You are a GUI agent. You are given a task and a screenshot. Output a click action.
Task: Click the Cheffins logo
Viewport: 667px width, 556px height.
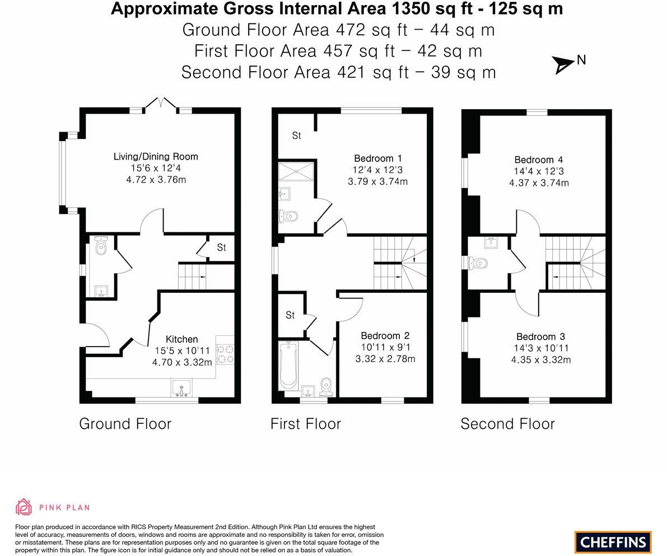pos(613,542)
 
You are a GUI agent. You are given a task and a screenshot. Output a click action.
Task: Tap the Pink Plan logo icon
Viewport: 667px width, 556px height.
pos(24,507)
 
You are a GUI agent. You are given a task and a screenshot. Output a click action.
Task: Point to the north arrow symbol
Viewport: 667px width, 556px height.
pos(564,64)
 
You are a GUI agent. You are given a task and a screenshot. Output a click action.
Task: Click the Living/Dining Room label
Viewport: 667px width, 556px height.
pos(156,157)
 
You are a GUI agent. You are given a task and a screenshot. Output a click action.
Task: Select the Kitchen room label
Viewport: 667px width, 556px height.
pos(182,339)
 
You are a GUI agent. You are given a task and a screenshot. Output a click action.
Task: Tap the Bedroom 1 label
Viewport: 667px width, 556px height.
pos(377,158)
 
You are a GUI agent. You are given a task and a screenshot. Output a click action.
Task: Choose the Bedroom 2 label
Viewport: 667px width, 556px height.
pos(385,336)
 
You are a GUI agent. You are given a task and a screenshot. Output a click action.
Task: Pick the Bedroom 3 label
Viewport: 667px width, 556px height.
pos(540,337)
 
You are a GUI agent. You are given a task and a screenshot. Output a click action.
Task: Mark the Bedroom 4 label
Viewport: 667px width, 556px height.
pos(539,160)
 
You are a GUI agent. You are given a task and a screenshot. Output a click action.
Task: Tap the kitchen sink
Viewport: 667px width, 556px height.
pos(181,387)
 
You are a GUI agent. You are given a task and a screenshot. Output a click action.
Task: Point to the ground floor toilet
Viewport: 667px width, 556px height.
pos(101,246)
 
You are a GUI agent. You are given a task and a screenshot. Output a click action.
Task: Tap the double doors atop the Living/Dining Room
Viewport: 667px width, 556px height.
pos(161,103)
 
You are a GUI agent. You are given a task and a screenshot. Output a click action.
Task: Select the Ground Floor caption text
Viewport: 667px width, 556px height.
pos(125,424)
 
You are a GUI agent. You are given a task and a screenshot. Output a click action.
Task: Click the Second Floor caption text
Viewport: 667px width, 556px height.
pos(507,424)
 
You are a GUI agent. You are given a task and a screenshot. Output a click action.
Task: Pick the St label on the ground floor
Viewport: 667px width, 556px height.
pos(221,247)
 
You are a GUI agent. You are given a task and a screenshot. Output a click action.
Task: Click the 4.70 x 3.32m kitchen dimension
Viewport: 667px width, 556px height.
pos(182,362)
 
